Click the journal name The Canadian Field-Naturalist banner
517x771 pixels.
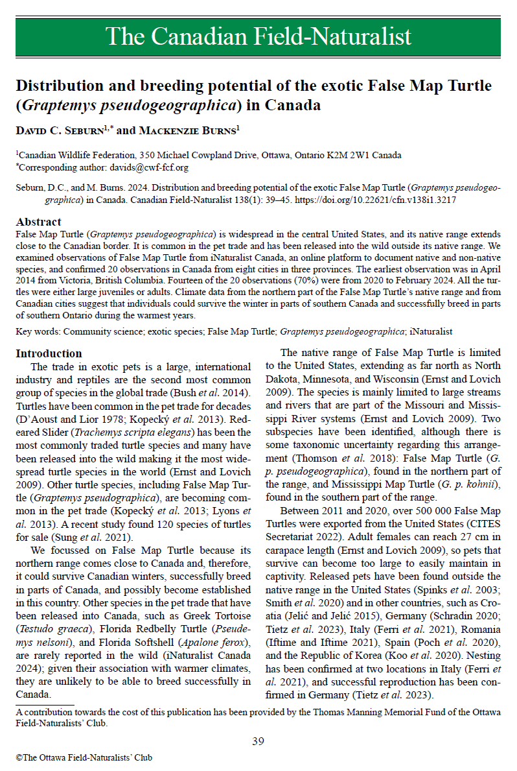258,36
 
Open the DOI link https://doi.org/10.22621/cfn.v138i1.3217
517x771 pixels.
376,200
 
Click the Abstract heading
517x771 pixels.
38,222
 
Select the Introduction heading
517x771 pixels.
49,353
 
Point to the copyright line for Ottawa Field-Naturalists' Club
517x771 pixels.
84,757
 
